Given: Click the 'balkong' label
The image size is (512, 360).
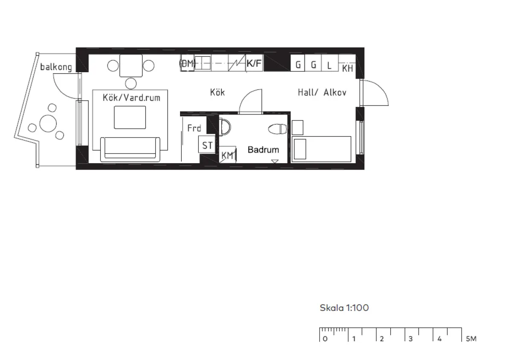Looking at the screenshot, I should pos(56,67).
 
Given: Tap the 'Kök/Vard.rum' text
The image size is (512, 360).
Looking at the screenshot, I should pos(131,98).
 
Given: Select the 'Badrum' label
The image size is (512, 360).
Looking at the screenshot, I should pos(263,150).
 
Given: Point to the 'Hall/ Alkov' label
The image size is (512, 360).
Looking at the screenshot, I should pos(322,92).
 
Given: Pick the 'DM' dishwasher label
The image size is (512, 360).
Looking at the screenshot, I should pos(187,64).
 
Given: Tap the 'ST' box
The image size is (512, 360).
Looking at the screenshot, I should pos(207,146).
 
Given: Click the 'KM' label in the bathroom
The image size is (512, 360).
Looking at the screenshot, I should pos(228,155).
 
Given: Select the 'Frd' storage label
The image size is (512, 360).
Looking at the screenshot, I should pos(194,128).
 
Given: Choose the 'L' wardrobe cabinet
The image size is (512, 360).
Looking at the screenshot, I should pos(329,65).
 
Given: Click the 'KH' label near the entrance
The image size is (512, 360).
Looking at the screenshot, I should pos(348,68).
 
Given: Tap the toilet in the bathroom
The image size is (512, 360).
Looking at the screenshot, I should pos(278,129).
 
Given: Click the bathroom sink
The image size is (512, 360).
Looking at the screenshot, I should pos(225,127).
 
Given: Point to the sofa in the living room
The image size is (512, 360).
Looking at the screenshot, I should pos(130,149).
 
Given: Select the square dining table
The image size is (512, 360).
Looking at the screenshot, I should pos(131,66).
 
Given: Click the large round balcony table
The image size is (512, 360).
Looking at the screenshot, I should pos(48,124).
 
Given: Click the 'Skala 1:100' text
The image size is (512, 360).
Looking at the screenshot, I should pos(344,308).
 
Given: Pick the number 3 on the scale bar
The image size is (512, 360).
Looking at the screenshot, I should pos(410,339).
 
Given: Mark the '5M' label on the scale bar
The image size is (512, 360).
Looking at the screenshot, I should pos(471,339).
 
